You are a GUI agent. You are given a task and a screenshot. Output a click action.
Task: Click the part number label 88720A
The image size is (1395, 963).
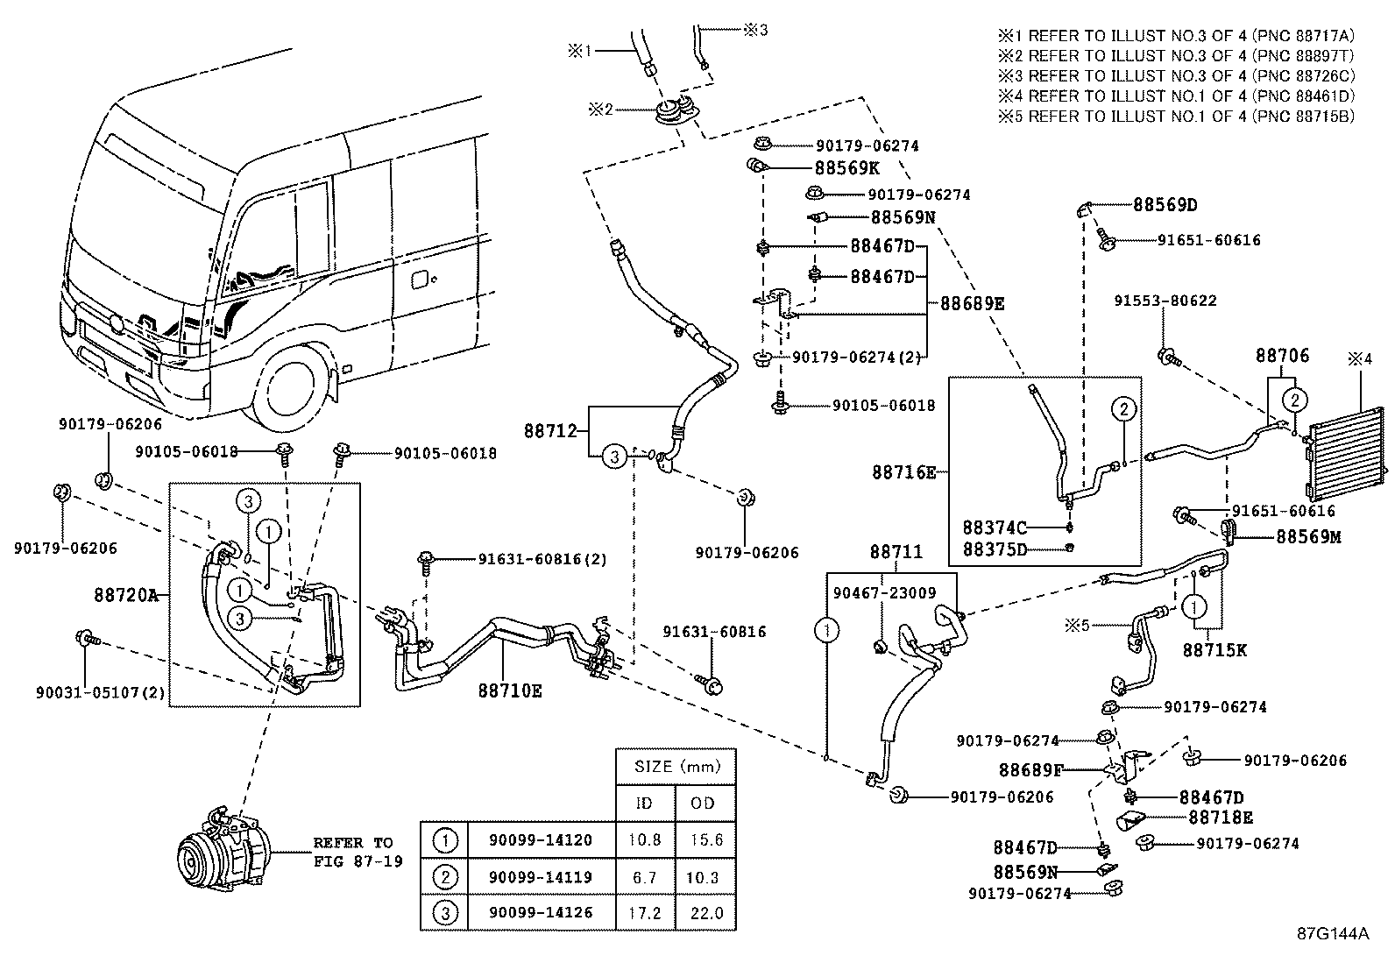click(125, 595)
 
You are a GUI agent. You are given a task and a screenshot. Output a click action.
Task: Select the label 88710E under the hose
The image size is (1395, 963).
click(510, 690)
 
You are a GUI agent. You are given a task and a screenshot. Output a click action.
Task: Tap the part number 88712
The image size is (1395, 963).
click(551, 431)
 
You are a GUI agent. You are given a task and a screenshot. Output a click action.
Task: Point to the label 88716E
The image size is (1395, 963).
click(903, 472)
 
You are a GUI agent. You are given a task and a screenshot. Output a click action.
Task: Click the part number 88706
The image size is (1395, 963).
click(1282, 355)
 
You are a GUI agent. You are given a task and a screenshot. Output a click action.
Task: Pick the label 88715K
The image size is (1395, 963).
click(1214, 650)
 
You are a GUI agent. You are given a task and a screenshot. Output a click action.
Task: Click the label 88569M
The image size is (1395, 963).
click(1308, 536)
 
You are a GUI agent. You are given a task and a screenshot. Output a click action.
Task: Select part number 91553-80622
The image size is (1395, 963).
click(1165, 301)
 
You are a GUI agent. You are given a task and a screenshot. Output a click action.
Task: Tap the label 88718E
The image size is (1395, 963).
click(1221, 818)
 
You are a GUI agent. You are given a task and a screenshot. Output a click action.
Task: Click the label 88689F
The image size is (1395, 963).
click(1031, 770)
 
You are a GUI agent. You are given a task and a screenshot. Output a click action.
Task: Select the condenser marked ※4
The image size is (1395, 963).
click(1345, 447)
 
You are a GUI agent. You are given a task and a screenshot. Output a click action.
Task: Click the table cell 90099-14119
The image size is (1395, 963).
click(541, 877)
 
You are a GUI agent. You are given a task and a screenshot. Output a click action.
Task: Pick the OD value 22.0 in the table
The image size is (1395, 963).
click(705, 913)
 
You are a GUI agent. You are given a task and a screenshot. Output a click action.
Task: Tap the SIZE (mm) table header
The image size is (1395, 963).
click(675, 767)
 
